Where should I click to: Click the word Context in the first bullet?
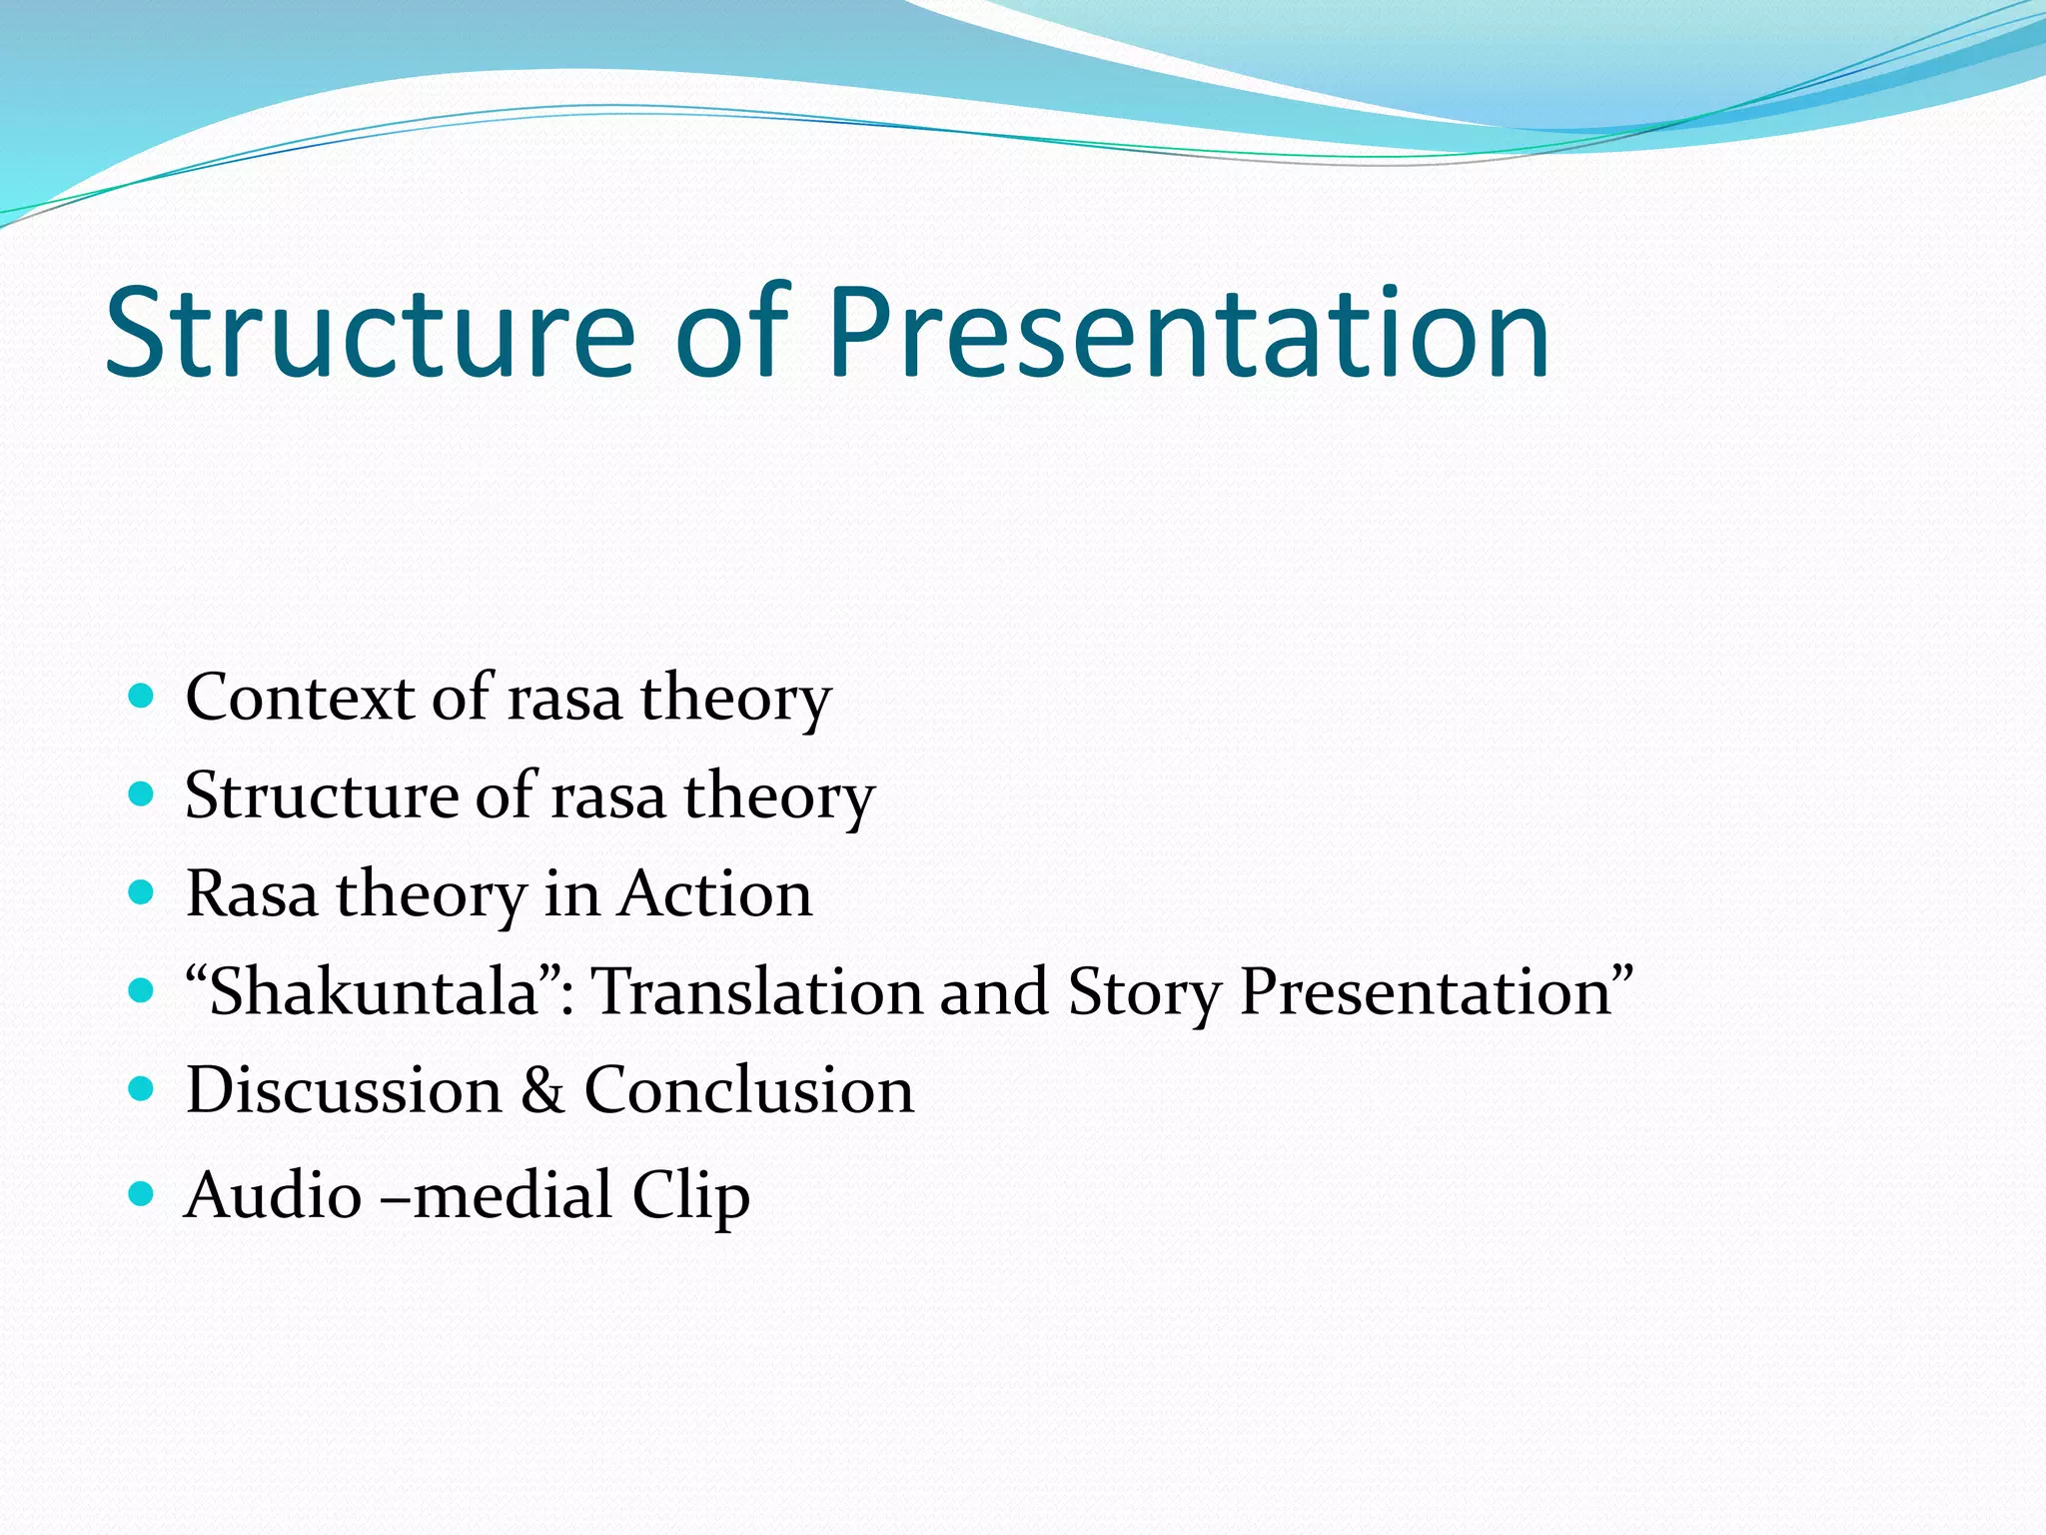[300, 697]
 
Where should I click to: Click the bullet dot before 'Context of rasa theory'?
[142, 696]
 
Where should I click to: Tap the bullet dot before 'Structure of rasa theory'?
[142, 794]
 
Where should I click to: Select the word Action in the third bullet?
[715, 893]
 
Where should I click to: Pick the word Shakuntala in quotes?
[375, 991]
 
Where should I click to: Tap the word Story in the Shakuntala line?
[1145, 991]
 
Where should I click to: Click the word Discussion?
[344, 1089]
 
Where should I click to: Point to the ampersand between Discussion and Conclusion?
[542, 1089]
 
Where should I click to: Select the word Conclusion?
[748, 1089]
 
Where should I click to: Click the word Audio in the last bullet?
[273, 1194]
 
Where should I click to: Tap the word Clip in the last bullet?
[690, 1194]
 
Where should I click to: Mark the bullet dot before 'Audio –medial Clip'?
[142, 1192]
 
